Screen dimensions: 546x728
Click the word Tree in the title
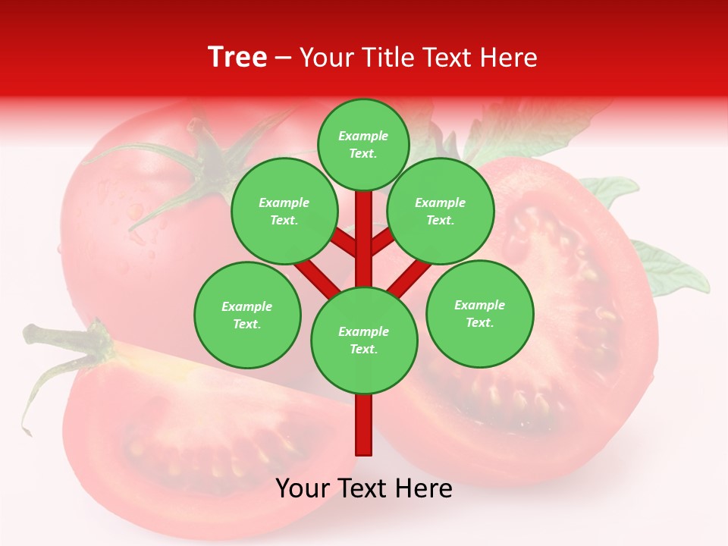[237, 57]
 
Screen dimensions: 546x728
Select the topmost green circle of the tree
[363, 144]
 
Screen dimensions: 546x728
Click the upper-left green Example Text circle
[284, 211]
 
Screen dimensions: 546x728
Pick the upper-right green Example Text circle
[440, 211]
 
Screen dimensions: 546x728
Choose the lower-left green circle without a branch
[247, 315]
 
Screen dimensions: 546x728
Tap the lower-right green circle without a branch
[479, 313]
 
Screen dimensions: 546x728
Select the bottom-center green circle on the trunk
[364, 340]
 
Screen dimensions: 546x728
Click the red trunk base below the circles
[364, 425]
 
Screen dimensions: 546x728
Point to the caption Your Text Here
[364, 488]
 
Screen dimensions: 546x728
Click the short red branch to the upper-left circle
[343, 243]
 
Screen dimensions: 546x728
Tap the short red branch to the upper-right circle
[383, 241]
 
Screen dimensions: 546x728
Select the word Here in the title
[510, 58]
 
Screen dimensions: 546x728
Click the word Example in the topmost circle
[363, 136]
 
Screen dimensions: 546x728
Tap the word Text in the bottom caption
[364, 488]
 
